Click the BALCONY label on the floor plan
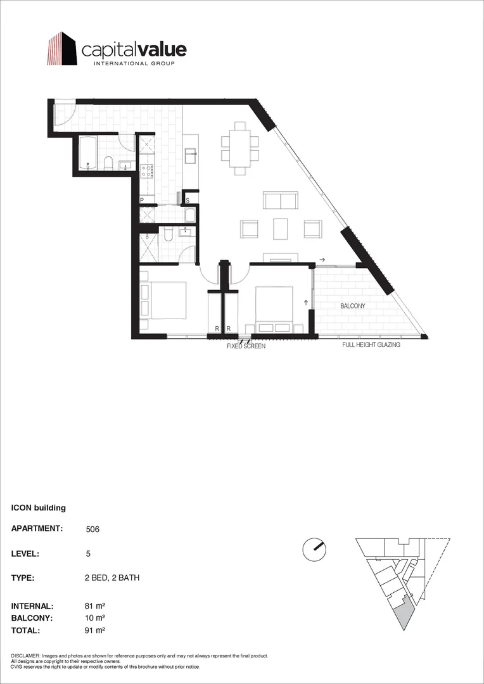(x=353, y=307)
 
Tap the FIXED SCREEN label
(x=246, y=346)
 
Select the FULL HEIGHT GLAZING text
(x=371, y=345)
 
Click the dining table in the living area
(x=240, y=148)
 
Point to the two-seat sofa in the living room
(x=280, y=200)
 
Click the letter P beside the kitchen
(x=142, y=200)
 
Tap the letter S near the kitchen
(x=188, y=201)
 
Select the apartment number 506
(x=92, y=529)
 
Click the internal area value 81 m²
(x=96, y=606)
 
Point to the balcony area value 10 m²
(x=96, y=617)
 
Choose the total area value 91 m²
(x=96, y=630)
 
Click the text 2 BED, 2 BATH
(x=112, y=578)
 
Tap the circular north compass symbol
(x=315, y=548)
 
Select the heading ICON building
(x=39, y=507)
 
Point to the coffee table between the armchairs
(x=280, y=229)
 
